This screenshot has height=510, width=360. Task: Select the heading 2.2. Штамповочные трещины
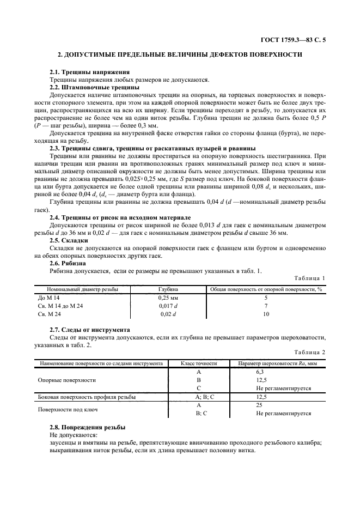(94, 87)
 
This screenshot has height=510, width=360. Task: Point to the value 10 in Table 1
(266, 314)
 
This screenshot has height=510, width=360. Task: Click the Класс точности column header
(199, 363)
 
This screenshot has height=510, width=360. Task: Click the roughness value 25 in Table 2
(259, 405)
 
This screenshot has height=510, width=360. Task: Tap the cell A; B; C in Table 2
(199, 397)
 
